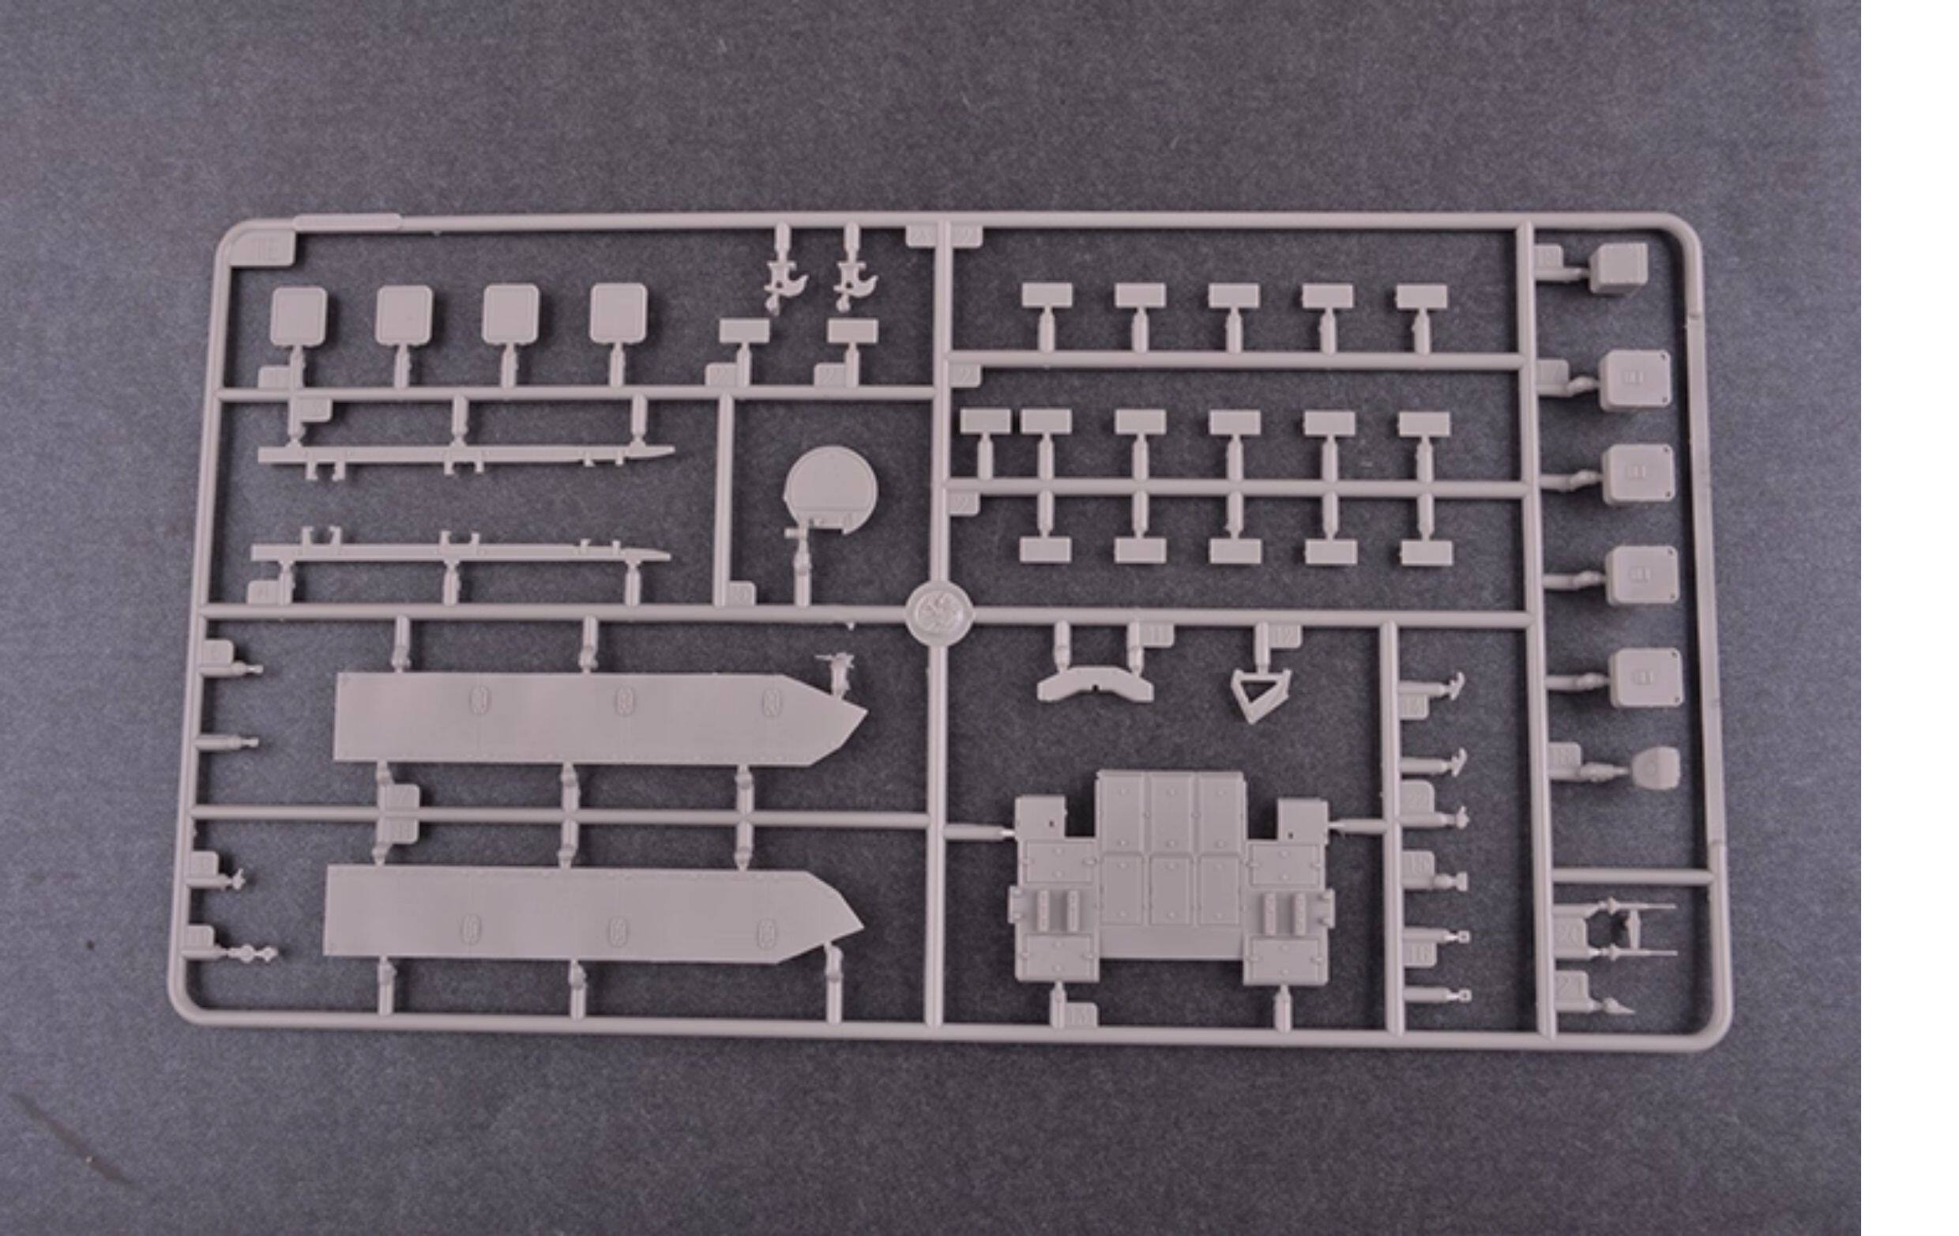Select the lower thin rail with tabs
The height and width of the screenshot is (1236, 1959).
[x=460, y=553]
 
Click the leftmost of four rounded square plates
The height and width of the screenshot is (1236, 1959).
[x=299, y=315]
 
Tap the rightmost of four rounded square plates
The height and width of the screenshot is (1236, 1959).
[x=619, y=312]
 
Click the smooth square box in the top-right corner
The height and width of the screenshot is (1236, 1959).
[x=1619, y=268]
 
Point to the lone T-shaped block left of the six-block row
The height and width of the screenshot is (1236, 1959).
[x=984, y=423]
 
